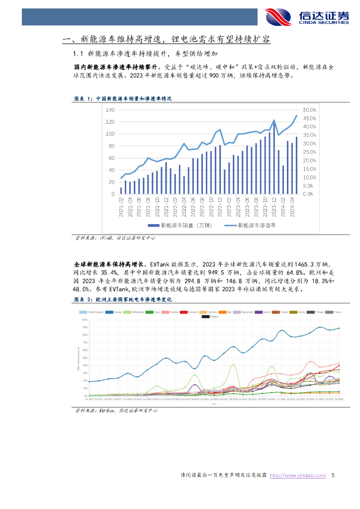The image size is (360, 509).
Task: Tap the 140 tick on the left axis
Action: click(110, 110)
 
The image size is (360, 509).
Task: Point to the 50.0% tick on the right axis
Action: click(309, 110)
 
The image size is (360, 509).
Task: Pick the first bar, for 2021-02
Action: click(121, 190)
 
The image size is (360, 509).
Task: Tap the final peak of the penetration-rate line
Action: click(297, 116)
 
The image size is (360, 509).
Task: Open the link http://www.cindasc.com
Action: click(297, 476)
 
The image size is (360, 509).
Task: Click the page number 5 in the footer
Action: click(333, 476)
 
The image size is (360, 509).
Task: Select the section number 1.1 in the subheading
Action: click(77, 54)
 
